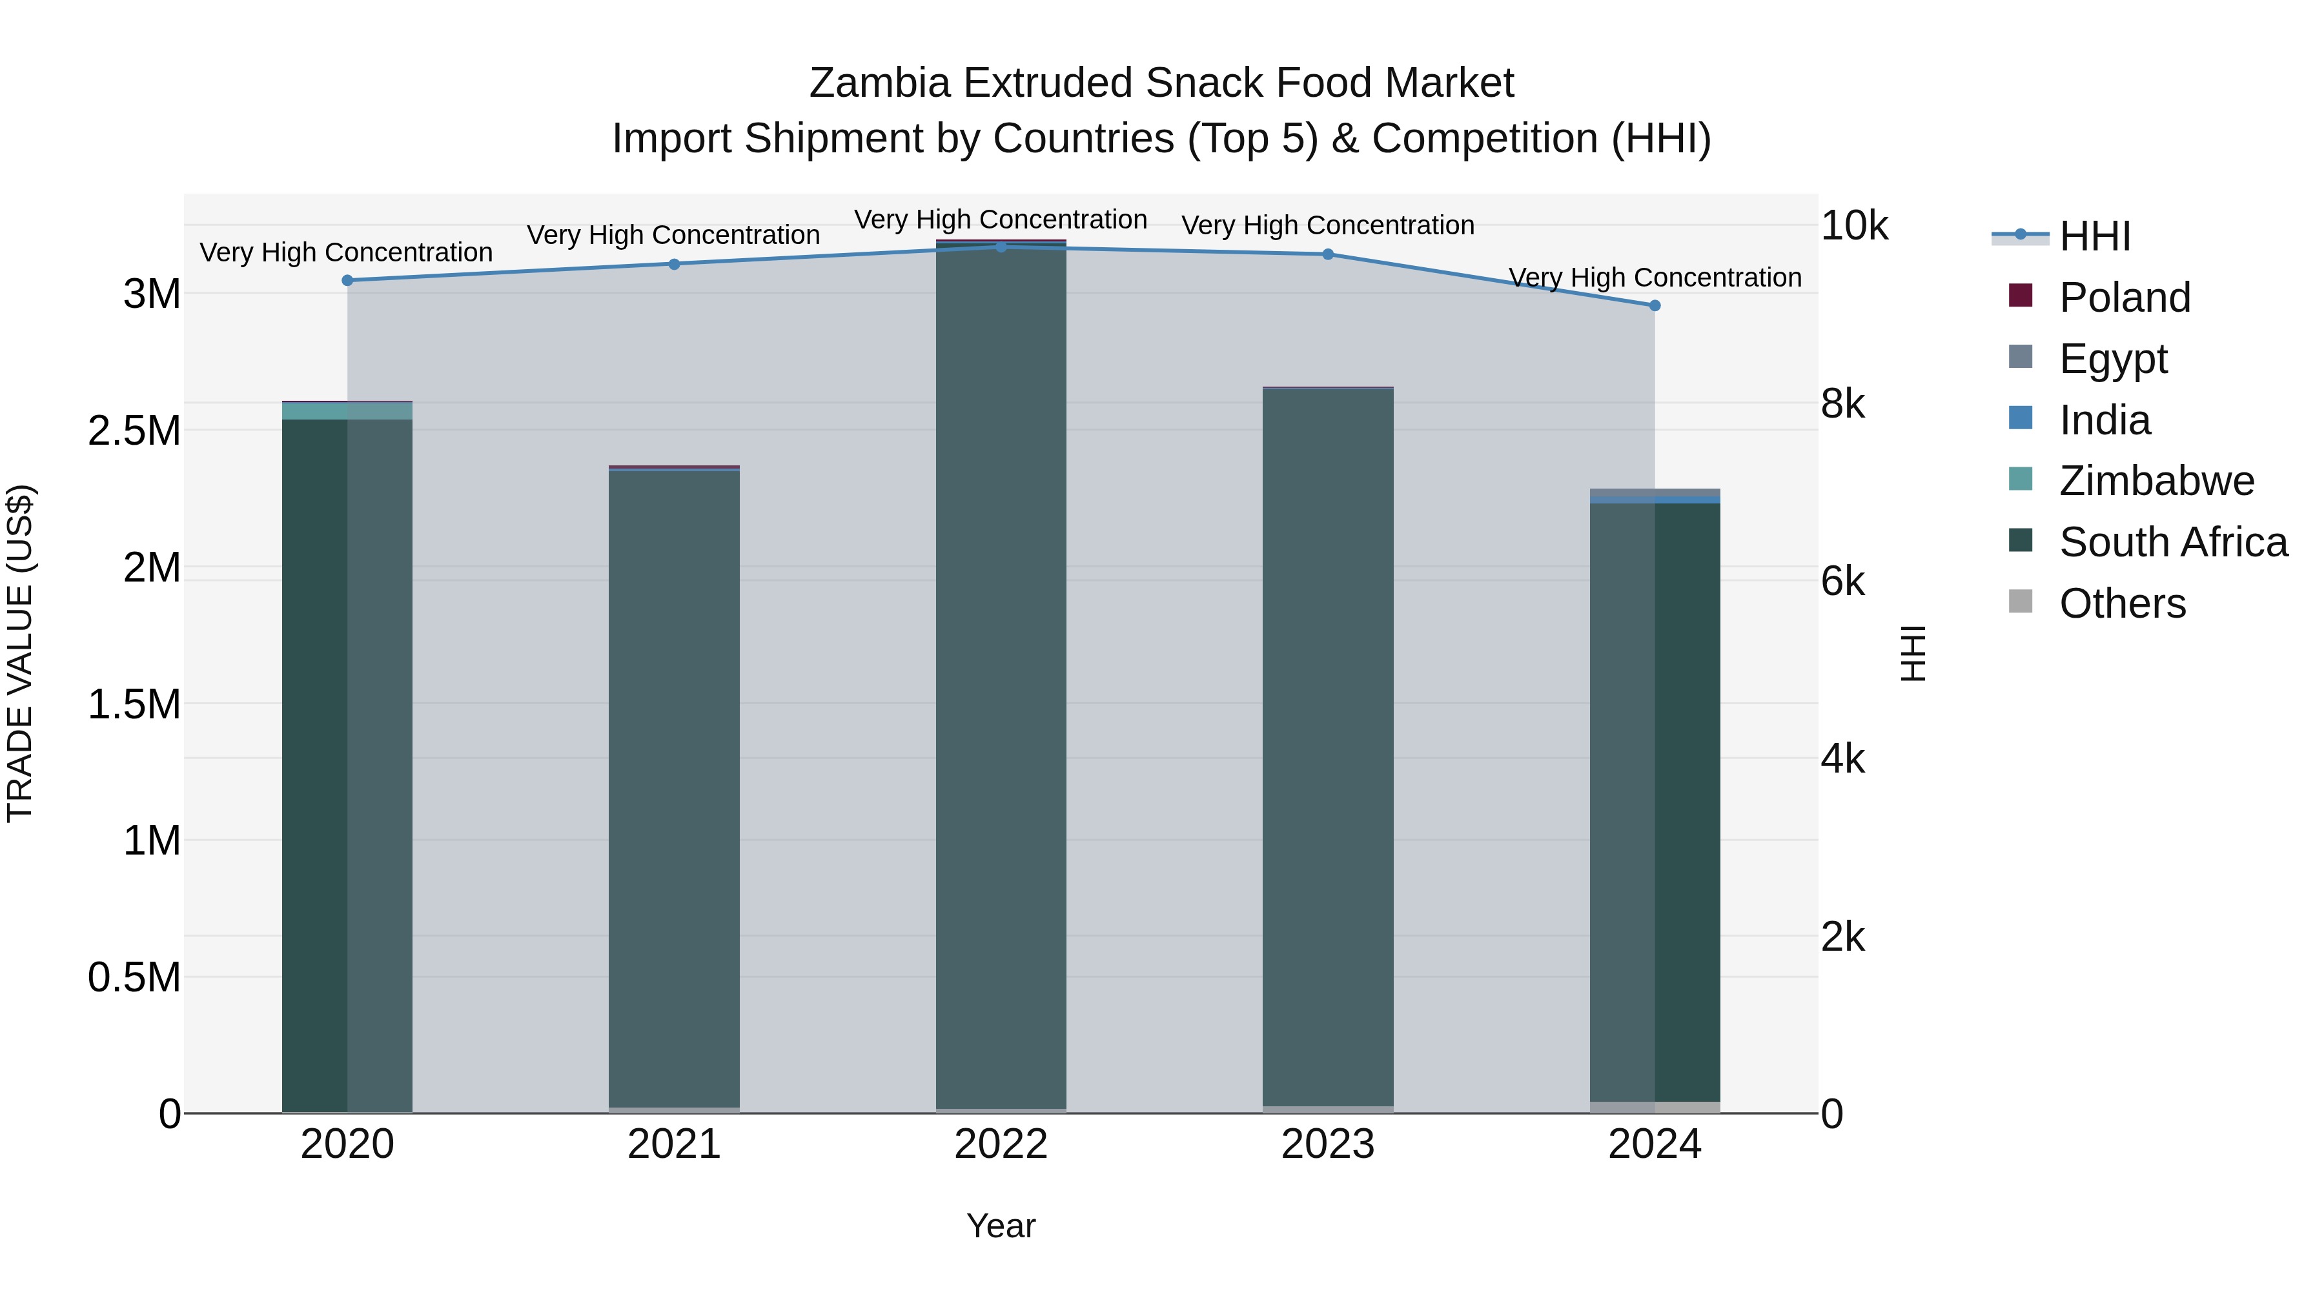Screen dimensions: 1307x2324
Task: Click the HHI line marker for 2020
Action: [x=347, y=281]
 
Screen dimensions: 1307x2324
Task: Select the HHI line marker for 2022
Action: [x=1001, y=247]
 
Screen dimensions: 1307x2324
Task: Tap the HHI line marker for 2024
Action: [x=1655, y=306]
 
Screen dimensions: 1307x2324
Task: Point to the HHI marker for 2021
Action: [x=674, y=264]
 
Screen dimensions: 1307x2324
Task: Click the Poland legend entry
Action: [x=2124, y=298]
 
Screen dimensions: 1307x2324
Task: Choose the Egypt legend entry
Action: [x=2113, y=359]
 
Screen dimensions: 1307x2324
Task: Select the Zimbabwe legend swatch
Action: [x=2021, y=479]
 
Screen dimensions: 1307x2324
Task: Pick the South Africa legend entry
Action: [x=2172, y=542]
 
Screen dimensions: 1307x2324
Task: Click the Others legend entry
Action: [x=2122, y=603]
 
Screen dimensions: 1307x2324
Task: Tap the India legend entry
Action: [x=2104, y=420]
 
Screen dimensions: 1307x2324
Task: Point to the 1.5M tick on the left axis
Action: [x=134, y=704]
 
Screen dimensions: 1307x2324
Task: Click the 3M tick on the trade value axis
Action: [x=152, y=294]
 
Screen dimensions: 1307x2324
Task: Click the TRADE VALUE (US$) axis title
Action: [x=20, y=653]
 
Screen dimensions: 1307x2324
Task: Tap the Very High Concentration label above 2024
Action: [x=1655, y=278]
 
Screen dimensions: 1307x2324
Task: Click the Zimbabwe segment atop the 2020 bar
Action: [x=347, y=411]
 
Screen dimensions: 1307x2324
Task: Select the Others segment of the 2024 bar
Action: [x=1655, y=1108]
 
